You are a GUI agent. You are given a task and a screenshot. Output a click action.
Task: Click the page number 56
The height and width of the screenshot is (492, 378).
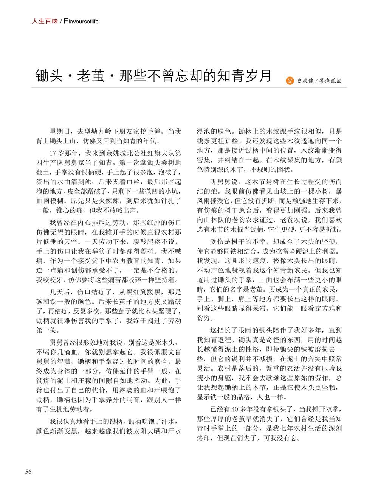pyautogui.click(x=28, y=472)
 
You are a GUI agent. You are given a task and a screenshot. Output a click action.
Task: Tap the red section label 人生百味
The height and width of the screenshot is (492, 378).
pyautogui.click(x=45, y=21)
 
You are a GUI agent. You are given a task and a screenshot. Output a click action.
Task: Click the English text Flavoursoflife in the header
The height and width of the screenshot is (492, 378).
pyautogui.click(x=81, y=22)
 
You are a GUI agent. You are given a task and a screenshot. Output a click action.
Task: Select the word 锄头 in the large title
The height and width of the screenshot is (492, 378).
pyautogui.click(x=49, y=76)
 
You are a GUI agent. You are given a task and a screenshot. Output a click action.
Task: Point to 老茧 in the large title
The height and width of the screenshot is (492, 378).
pyautogui.click(x=91, y=76)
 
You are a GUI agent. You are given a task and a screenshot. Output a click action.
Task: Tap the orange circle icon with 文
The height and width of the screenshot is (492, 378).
pyautogui.click(x=290, y=80)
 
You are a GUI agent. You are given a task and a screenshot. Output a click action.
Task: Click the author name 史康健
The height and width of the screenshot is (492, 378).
pyautogui.click(x=305, y=81)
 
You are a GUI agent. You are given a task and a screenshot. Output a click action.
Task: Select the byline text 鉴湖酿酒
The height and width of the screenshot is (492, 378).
pyautogui.click(x=331, y=81)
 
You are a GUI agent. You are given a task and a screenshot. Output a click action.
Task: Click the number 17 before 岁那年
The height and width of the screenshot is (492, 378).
pyautogui.click(x=53, y=153)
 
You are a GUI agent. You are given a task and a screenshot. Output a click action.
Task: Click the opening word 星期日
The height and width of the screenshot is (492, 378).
pyautogui.click(x=60, y=131)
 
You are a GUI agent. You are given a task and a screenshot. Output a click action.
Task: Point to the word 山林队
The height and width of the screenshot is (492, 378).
pyautogui.click(x=215, y=220)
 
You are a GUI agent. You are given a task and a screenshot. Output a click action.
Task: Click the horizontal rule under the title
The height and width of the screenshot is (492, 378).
pyautogui.click(x=189, y=87)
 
